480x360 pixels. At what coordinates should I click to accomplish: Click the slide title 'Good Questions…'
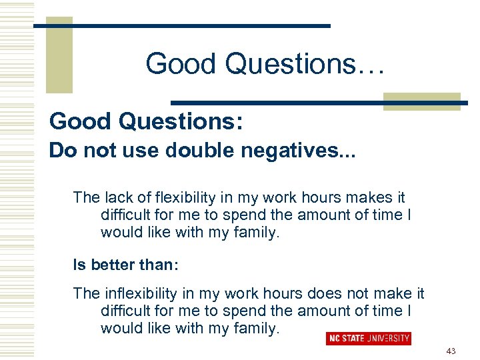click(x=265, y=64)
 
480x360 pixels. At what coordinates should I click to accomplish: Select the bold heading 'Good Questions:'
click(x=146, y=121)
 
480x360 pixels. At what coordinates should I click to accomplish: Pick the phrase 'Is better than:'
click(x=126, y=264)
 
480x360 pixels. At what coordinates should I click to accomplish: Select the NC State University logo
click(x=368, y=339)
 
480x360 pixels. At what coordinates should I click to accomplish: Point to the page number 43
click(x=451, y=351)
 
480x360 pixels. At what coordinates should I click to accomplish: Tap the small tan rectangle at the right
click(x=421, y=101)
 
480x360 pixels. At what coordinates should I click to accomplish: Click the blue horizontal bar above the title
click(x=181, y=25)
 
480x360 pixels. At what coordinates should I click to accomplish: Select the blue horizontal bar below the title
click(x=320, y=103)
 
